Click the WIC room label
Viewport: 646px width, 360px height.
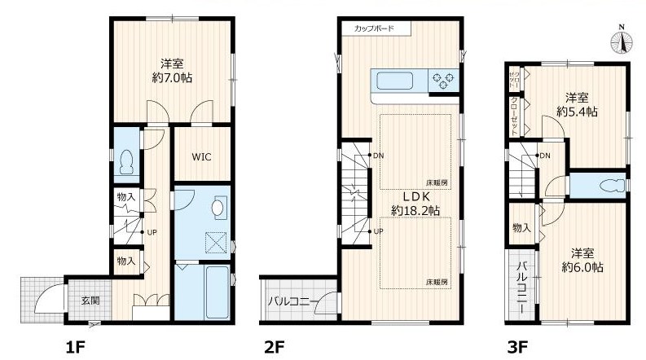201,156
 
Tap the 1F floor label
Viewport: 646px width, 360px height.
76,347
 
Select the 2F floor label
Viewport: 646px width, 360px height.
275,347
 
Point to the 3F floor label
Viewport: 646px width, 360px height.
517,347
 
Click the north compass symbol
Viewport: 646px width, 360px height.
622,41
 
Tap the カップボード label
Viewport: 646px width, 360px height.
374,29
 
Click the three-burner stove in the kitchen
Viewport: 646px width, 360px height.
443,81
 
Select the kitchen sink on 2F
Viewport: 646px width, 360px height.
394,81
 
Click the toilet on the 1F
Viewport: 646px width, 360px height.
126,162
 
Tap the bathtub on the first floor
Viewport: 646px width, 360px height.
217,292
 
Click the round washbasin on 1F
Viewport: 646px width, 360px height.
219,207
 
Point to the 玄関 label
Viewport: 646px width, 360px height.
90,301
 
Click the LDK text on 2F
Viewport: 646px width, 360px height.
414,196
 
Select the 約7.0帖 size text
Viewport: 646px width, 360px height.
172,77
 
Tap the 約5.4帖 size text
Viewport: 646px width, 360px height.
577,112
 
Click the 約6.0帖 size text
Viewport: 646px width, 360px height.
582,267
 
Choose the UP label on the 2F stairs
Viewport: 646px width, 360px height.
378,231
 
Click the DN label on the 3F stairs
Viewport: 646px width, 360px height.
545,156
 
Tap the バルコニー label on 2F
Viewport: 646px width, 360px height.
293,301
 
